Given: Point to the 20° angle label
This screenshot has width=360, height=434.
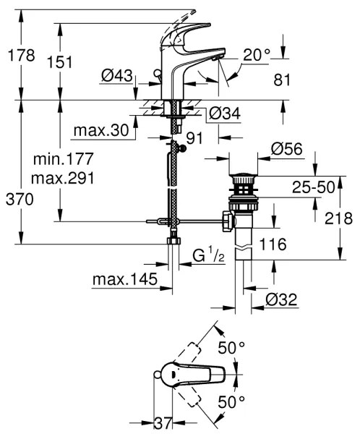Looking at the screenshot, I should tap(257, 54).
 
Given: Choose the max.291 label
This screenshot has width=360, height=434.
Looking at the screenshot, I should tap(64, 176).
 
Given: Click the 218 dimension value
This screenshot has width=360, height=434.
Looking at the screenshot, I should tap(337, 217).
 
